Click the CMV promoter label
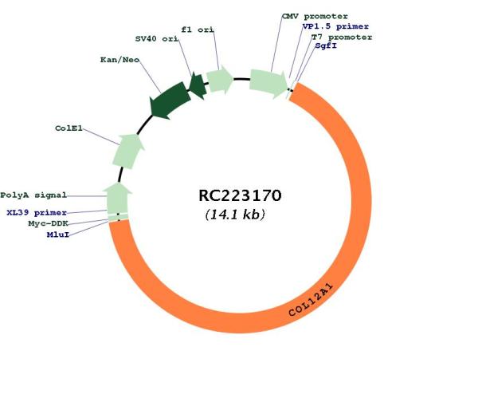[315, 16]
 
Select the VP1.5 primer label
[335, 26]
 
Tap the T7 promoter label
[342, 37]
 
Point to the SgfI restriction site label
[326, 45]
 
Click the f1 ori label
[198, 30]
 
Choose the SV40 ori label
[157, 39]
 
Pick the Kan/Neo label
[119, 60]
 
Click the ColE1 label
[69, 128]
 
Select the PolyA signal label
[33, 195]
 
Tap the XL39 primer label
[37, 212]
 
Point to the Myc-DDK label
[48, 223]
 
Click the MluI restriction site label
[58, 235]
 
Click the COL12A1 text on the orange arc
[311, 300]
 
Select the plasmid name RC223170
[240, 195]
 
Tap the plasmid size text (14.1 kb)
[235, 215]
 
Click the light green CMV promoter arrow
[268, 83]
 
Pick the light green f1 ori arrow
[220, 80]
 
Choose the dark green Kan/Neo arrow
[170, 100]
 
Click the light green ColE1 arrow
[128, 151]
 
